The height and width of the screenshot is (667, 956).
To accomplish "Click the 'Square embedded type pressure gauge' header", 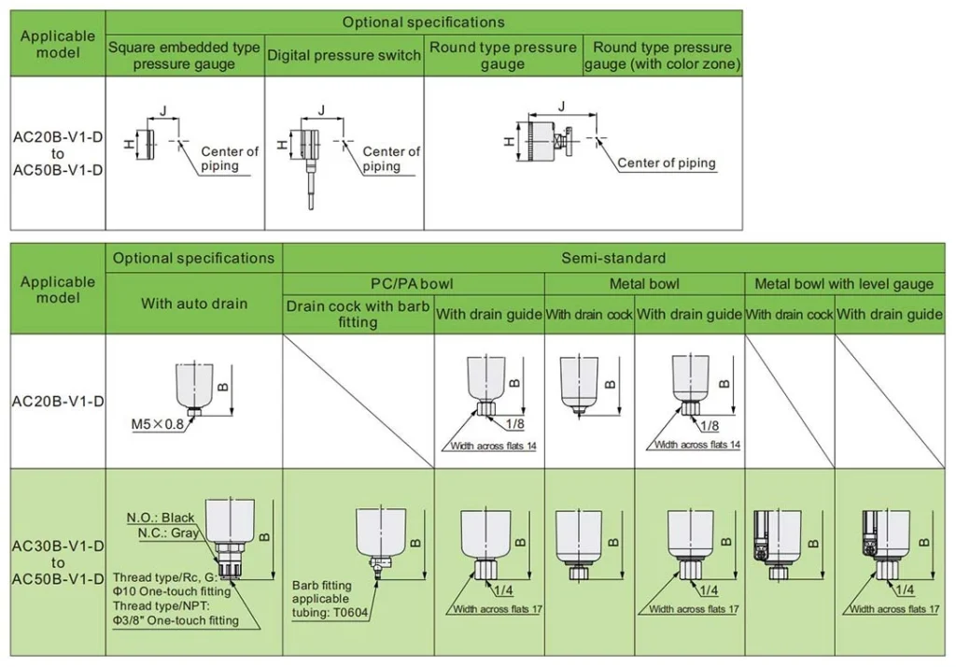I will click(x=184, y=56).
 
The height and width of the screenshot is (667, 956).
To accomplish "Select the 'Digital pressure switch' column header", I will click(x=344, y=55).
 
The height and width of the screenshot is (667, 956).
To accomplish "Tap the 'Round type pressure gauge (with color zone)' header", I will click(x=662, y=56).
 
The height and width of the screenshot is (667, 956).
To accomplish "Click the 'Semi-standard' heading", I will click(x=613, y=258).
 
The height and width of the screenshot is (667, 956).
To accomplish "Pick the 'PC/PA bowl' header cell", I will click(x=413, y=284).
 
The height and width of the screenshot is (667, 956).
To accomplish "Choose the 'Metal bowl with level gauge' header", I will click(x=844, y=284).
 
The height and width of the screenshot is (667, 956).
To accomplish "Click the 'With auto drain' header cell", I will click(x=194, y=303).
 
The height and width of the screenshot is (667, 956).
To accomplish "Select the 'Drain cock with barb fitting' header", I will click(x=358, y=314).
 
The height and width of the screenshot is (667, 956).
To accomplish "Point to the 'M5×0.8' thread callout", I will click(x=160, y=424).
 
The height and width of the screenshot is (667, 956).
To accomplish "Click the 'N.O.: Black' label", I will click(x=161, y=518).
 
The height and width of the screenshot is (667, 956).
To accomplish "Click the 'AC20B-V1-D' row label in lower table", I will click(x=58, y=402).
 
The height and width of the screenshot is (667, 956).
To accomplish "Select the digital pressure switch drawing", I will click(x=309, y=154).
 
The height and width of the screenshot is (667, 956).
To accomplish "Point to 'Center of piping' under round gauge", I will click(x=667, y=163).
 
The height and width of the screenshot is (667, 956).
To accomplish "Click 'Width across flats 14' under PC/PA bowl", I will click(x=493, y=446).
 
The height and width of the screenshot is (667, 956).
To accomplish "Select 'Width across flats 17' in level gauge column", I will click(x=893, y=609).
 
